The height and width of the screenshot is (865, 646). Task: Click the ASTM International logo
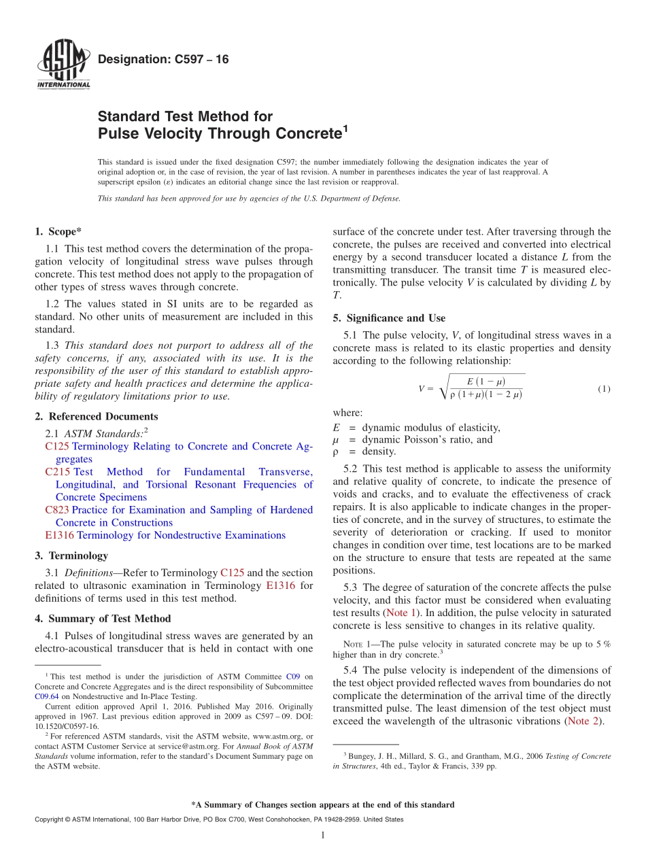[x=63, y=64]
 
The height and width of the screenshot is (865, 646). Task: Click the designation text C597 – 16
[x=163, y=60]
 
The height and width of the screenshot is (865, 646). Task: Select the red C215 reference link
[x=56, y=472]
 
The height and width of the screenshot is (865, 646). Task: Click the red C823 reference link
[x=56, y=510]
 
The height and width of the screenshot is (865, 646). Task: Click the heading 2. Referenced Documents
[x=96, y=416]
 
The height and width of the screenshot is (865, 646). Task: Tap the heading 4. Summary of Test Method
[x=103, y=618]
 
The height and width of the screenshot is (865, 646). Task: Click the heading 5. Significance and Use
[x=389, y=318]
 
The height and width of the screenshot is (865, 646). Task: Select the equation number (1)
[x=604, y=389]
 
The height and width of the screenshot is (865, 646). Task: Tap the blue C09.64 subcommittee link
[x=45, y=696]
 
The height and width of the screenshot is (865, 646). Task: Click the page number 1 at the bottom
[x=323, y=835]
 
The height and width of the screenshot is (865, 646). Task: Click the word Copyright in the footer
[x=51, y=819]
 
